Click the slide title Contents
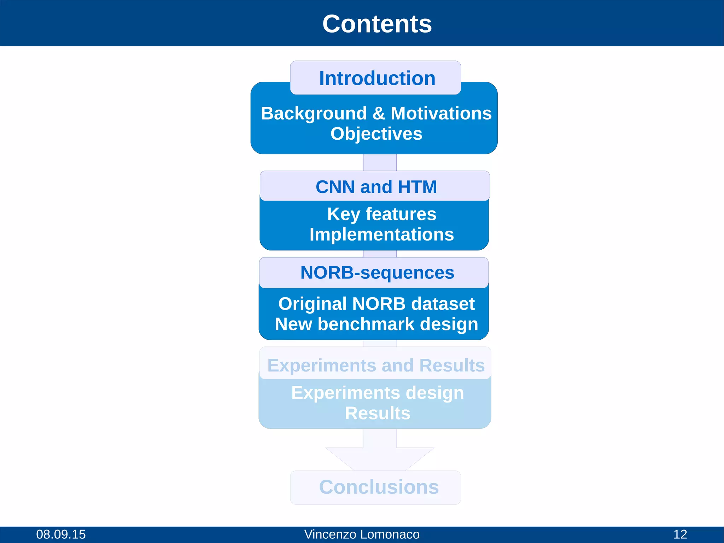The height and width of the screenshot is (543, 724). point(377,24)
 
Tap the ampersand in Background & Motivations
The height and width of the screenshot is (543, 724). point(379,114)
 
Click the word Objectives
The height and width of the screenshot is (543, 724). point(376,134)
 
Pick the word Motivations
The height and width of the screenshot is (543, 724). point(441,114)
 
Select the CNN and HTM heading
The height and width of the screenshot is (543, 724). point(376,187)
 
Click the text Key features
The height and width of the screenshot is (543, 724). point(381,214)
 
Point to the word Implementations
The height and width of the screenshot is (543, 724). point(381,235)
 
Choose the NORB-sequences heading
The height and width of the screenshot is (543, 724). point(377,273)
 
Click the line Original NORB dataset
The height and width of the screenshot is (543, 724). point(376,304)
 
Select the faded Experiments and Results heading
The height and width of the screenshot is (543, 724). point(376,365)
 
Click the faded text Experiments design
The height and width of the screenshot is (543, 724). point(377,393)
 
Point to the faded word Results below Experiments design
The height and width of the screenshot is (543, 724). point(377,413)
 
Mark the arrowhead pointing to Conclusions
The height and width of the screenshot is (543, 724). point(380,458)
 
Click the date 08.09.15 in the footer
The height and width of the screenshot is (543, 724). point(61,534)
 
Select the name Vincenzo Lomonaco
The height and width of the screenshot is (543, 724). point(362,534)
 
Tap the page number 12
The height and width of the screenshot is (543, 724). point(680,534)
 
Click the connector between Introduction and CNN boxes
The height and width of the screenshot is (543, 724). point(380,163)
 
